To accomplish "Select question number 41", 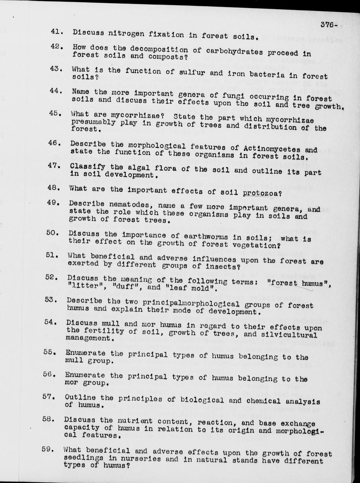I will coord(56,31).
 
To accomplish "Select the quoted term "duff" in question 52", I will coord(127,287).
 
